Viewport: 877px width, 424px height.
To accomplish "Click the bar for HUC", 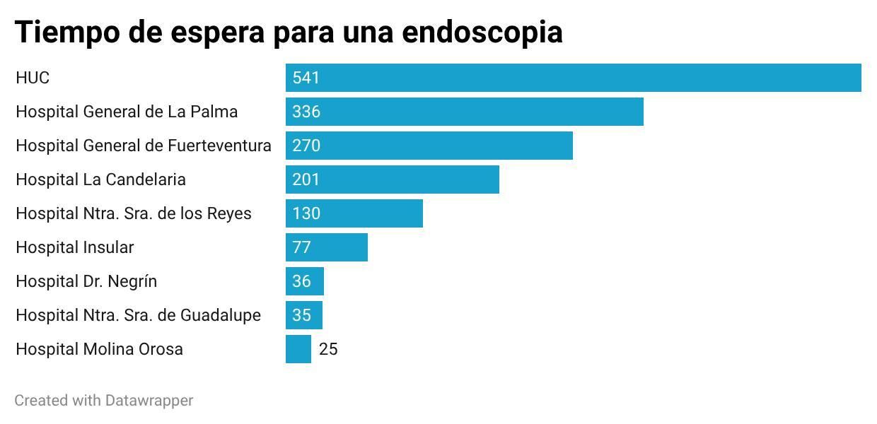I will [x=573, y=78].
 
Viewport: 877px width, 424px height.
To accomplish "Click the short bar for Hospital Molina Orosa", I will [x=298, y=349].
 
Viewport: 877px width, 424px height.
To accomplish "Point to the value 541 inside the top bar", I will [x=306, y=78].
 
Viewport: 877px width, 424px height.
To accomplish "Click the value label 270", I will [x=306, y=146].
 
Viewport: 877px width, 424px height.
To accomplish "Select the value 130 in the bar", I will [x=306, y=213].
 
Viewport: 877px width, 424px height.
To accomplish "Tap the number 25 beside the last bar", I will [x=328, y=349].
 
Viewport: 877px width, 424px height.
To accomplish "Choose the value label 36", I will [x=302, y=281].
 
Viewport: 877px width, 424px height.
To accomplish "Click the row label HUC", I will [x=33, y=78].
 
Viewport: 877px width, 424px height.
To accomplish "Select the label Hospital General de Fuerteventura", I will [x=143, y=146].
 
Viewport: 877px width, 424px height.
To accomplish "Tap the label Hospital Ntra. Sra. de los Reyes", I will [x=133, y=213].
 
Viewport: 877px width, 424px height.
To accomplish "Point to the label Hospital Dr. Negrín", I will [x=86, y=281].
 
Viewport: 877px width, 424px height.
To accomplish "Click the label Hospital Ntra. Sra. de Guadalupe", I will [x=138, y=315].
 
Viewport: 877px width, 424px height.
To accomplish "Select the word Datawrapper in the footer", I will [x=149, y=401].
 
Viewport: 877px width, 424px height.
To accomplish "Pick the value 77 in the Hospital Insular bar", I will [x=302, y=247].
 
